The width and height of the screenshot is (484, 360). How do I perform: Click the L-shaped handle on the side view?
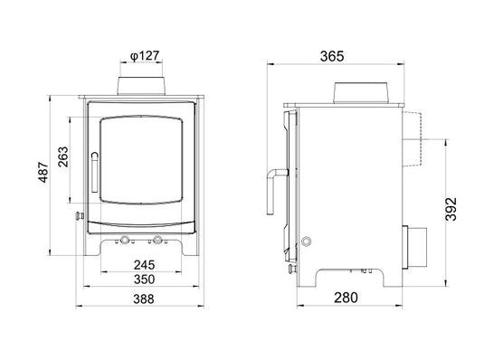click(x=273, y=190)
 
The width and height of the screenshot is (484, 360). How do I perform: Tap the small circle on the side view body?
click(x=304, y=242)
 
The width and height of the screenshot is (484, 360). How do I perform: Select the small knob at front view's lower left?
click(x=79, y=216)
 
